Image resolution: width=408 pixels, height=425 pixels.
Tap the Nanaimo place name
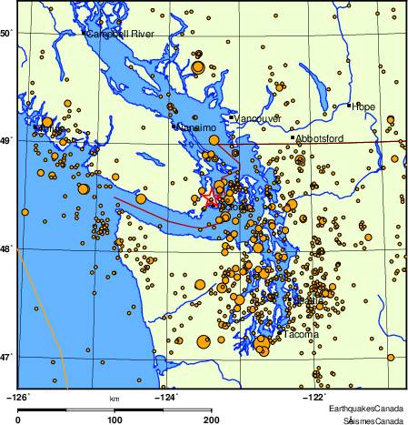[x=195, y=128]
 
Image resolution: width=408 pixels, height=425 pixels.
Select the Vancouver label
[x=260, y=119]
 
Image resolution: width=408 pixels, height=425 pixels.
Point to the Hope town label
[x=363, y=106]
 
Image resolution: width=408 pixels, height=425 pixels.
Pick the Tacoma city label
[x=301, y=335]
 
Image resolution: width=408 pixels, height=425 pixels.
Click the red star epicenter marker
[x=211, y=197]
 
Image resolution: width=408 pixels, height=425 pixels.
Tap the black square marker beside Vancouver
[x=233, y=117]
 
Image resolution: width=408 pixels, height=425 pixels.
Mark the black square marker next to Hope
[x=349, y=106]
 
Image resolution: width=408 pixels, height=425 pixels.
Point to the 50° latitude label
[x=6, y=34]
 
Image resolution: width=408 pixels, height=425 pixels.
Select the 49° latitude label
[x=6, y=141]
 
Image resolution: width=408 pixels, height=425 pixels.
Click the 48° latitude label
[x=6, y=248]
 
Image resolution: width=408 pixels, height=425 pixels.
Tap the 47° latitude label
[x=6, y=356]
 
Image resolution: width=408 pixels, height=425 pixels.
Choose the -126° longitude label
[x=17, y=396]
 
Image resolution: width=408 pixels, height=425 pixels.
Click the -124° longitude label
[x=168, y=396]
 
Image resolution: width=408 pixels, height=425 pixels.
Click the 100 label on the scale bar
[x=115, y=420]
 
